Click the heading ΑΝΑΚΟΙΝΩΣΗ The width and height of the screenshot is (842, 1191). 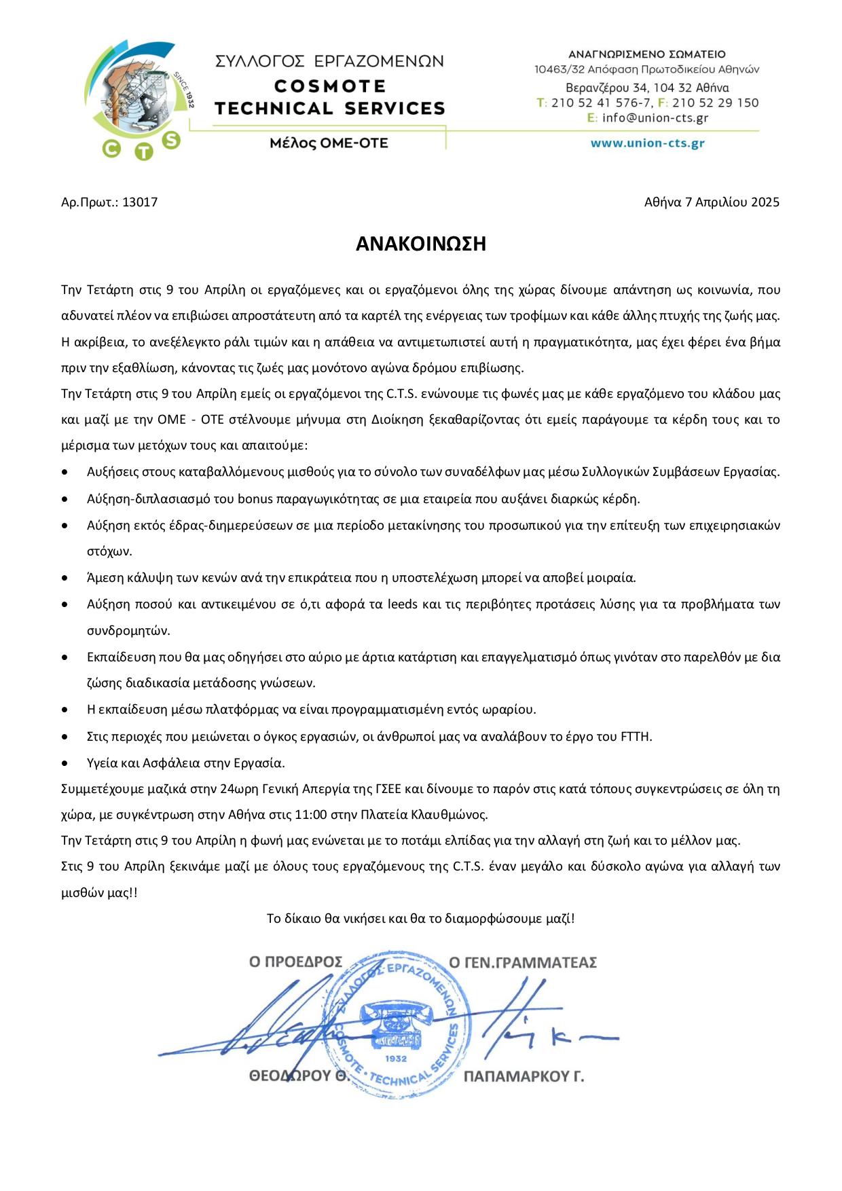click(x=421, y=244)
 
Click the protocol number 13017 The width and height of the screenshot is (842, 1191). click(x=140, y=202)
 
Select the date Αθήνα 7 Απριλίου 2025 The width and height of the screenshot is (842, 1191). click(x=712, y=202)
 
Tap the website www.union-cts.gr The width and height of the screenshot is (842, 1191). click(x=647, y=143)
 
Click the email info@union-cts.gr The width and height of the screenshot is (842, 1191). click(x=655, y=117)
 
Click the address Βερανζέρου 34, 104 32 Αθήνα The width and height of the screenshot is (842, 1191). click(x=647, y=88)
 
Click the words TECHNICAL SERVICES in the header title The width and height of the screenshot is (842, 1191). click(x=329, y=109)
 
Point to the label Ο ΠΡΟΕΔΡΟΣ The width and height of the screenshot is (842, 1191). click(x=295, y=962)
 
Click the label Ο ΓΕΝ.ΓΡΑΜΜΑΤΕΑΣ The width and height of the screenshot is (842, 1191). click(x=523, y=962)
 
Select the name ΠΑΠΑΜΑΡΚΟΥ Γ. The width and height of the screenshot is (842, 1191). click(x=524, y=1077)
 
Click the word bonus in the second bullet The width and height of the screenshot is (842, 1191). click(x=255, y=499)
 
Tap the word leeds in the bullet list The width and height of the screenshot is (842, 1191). click(x=403, y=604)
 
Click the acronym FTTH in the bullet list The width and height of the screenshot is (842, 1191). click(x=636, y=737)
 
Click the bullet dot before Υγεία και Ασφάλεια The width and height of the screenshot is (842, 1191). click(x=65, y=763)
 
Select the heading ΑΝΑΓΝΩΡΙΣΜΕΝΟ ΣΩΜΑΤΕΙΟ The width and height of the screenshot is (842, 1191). click(x=646, y=54)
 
